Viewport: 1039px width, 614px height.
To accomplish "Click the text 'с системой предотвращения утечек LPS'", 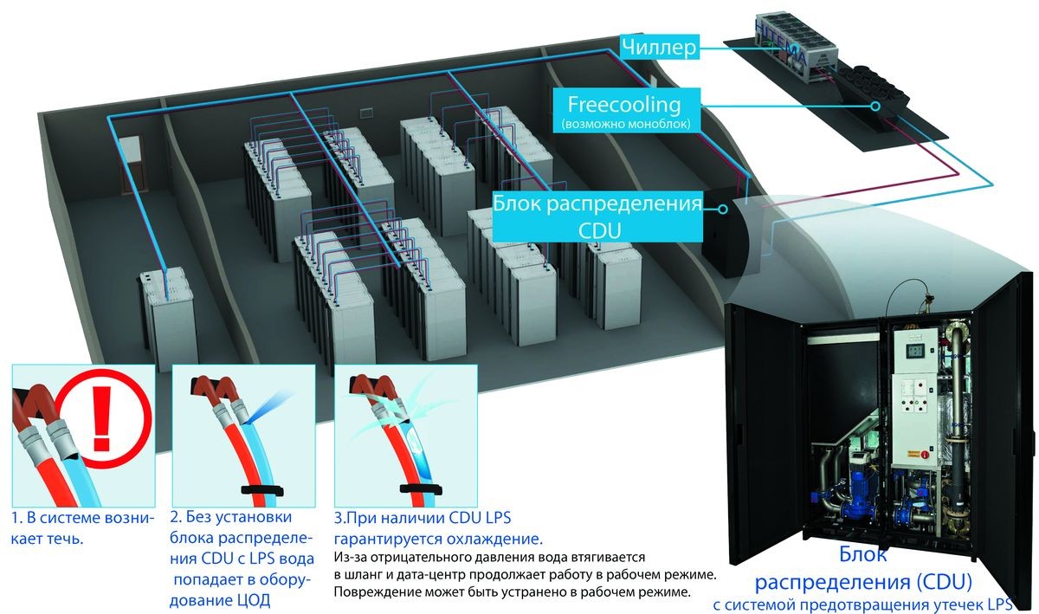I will pos(874,603).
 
